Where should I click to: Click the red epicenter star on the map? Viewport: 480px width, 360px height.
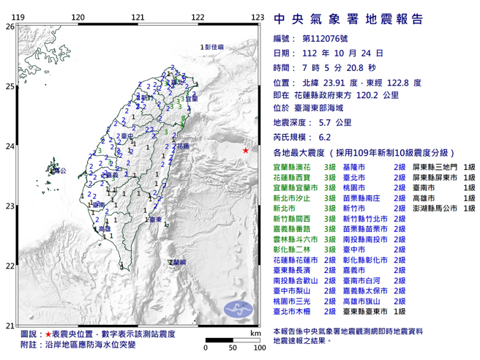pyautogui.click(x=245, y=150)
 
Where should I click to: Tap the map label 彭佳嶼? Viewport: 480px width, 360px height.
pyautogui.click(x=215, y=47)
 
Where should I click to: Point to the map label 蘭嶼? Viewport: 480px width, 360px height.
pyautogui.click(x=178, y=261)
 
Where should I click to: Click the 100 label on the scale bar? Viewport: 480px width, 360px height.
pyautogui.click(x=256, y=347)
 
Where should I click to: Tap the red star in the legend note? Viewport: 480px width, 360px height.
pyautogui.click(x=40, y=333)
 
